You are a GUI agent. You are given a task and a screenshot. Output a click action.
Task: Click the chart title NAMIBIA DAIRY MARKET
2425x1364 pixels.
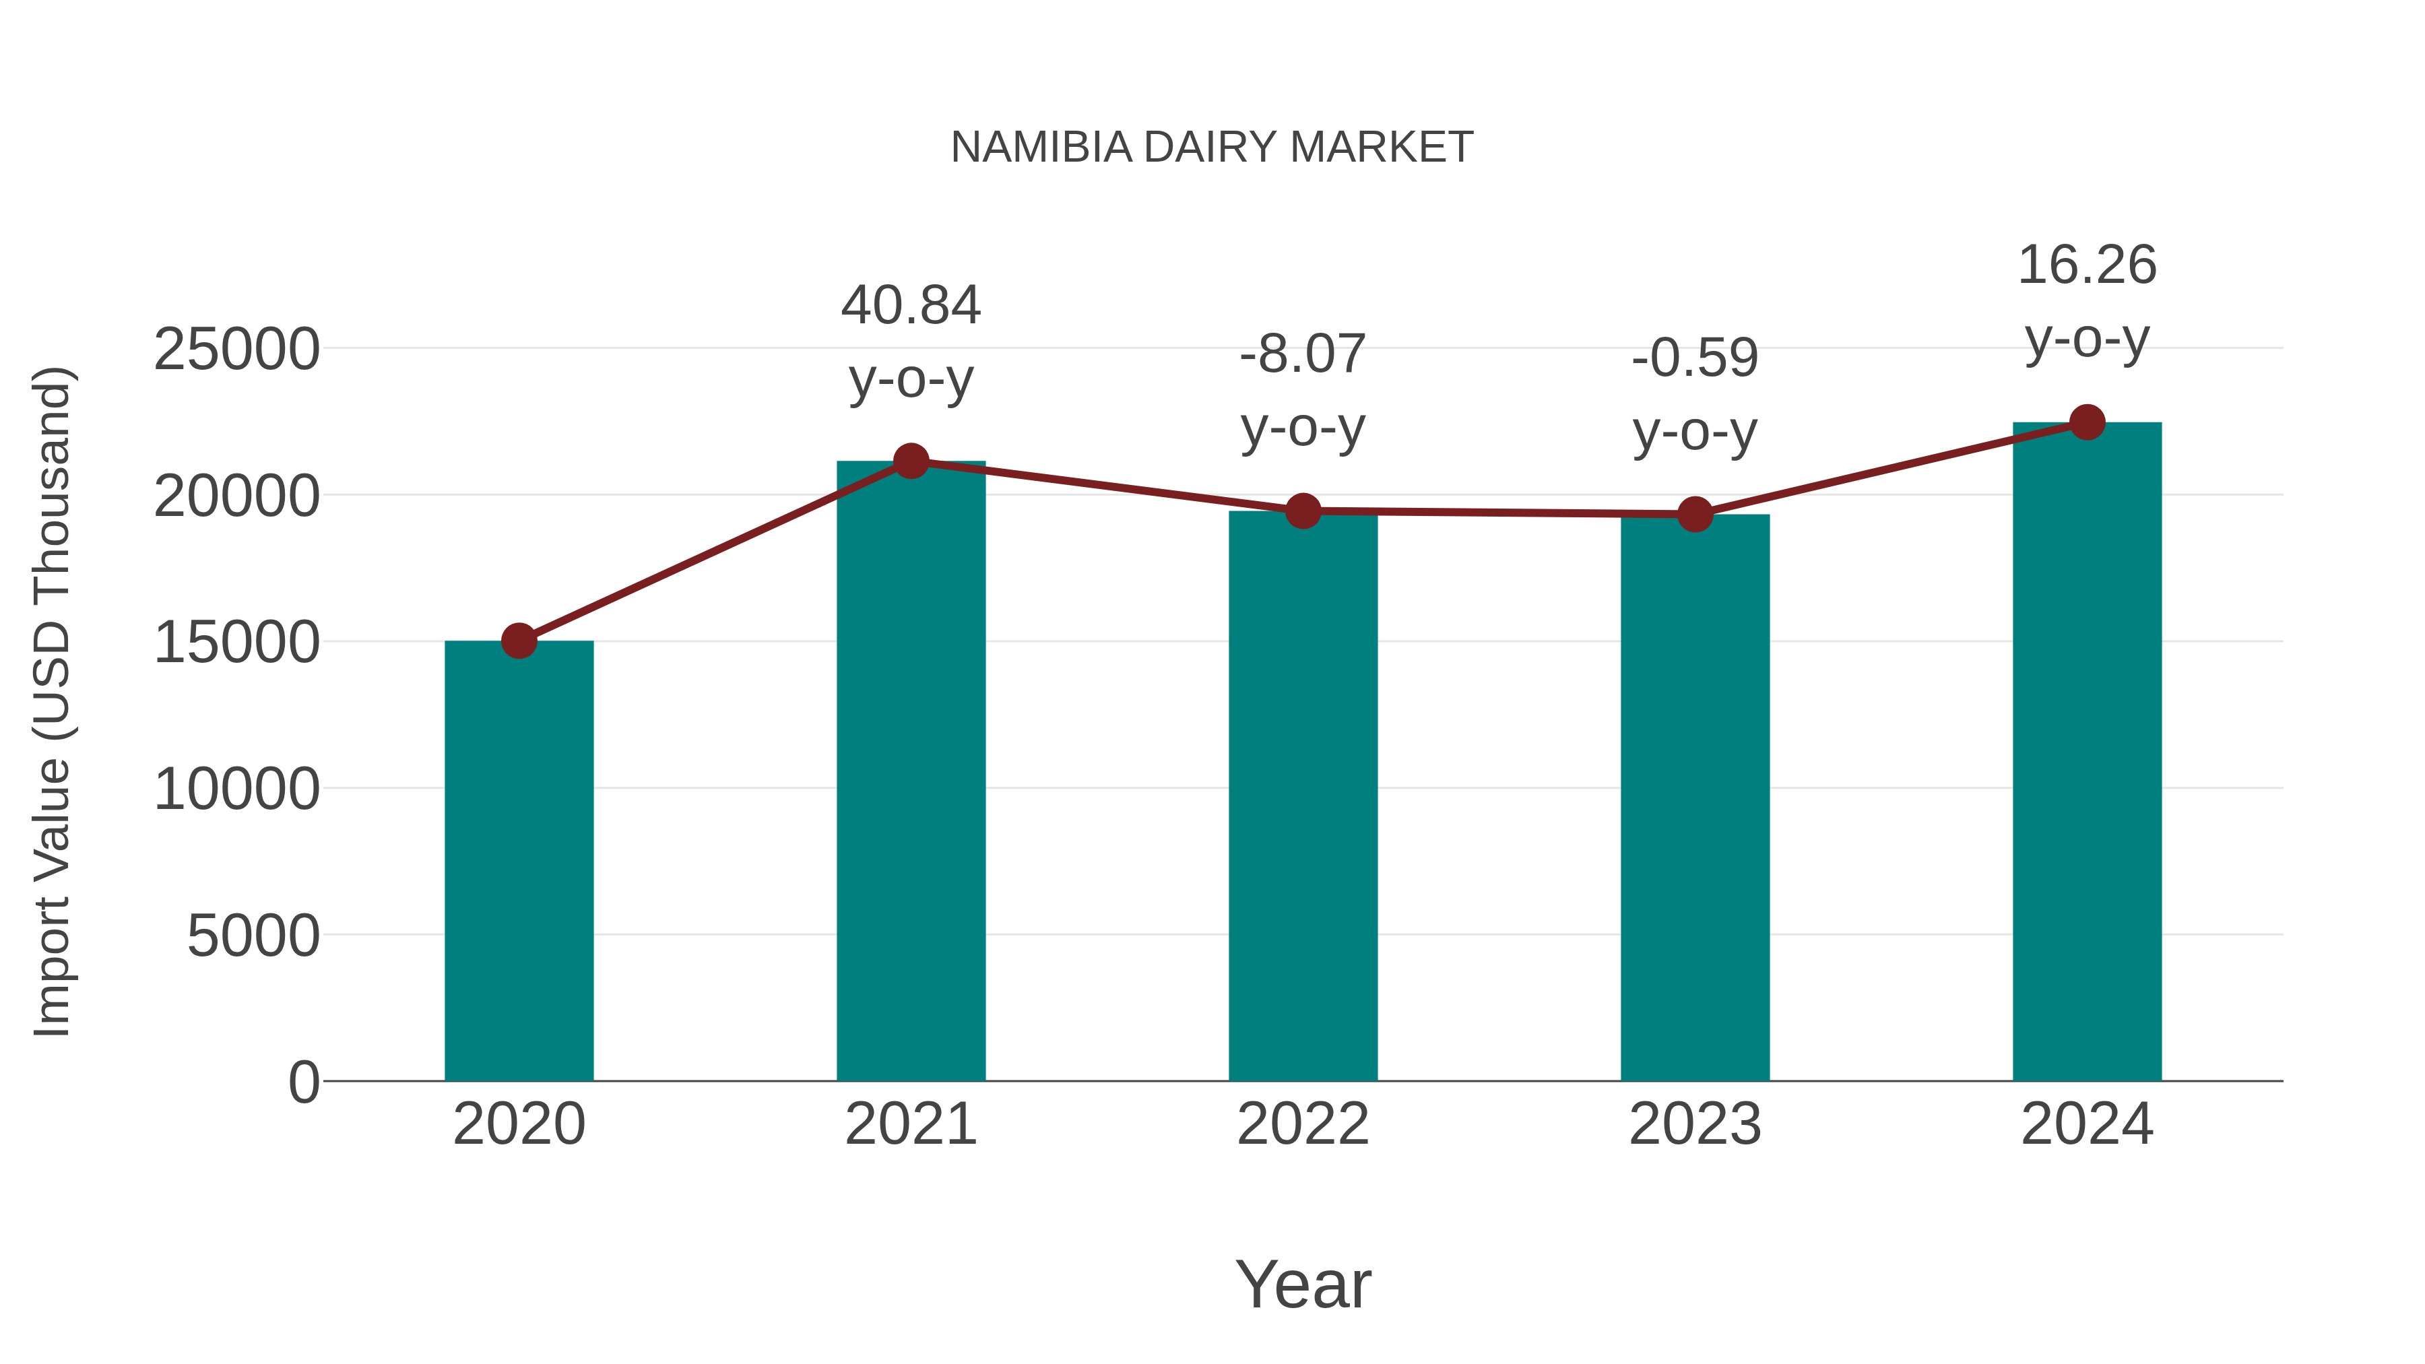1212,148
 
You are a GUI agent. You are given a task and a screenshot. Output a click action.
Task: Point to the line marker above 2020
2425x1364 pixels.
519,641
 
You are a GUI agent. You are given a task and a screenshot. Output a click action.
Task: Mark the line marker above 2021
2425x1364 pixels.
910,461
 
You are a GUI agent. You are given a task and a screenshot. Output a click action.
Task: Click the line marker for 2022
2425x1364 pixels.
1303,511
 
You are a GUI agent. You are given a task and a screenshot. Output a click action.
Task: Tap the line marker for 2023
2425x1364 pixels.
1695,514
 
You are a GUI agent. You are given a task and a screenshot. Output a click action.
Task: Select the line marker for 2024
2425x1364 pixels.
2087,422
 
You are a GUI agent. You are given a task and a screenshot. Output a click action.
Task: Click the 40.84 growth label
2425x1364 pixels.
910,306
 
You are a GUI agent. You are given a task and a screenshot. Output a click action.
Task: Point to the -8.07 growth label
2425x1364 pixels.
1303,355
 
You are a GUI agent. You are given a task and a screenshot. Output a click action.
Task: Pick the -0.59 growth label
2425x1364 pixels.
1695,358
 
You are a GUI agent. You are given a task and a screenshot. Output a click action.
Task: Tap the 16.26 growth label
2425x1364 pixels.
2087,265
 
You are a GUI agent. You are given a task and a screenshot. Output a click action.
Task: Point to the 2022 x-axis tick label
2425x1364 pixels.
1303,1124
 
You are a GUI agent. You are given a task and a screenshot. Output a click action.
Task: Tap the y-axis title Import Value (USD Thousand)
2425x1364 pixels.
53,703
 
